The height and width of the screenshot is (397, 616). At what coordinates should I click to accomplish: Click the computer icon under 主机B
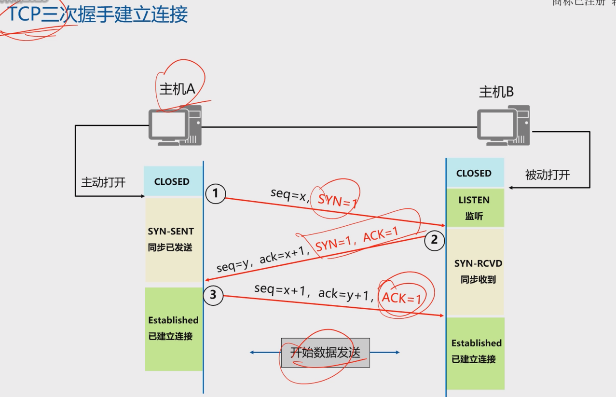(x=504, y=125)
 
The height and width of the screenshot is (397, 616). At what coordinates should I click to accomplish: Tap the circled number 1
(x=215, y=194)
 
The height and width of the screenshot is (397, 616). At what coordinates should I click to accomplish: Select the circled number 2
(x=434, y=240)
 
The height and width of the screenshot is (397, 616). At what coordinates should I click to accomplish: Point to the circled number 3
(x=213, y=295)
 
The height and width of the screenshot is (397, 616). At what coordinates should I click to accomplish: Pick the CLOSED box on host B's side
(x=475, y=173)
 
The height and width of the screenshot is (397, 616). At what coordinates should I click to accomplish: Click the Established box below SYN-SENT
(x=173, y=329)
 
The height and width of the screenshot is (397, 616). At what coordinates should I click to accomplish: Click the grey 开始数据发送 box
(x=325, y=353)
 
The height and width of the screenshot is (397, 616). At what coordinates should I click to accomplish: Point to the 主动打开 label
(x=103, y=182)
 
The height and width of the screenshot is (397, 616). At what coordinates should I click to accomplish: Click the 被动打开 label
(x=548, y=175)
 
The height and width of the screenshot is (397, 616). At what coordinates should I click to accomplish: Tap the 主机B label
(x=496, y=92)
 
